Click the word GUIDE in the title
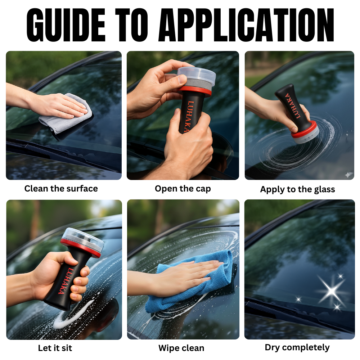point(66,25)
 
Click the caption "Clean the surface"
point(61,189)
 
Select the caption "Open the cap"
point(183,189)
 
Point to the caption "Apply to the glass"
point(298,189)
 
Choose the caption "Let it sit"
point(55,348)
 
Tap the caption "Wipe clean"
point(181,348)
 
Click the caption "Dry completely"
point(297,347)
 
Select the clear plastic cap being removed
point(197,75)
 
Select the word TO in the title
point(132,25)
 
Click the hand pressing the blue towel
point(181,276)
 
